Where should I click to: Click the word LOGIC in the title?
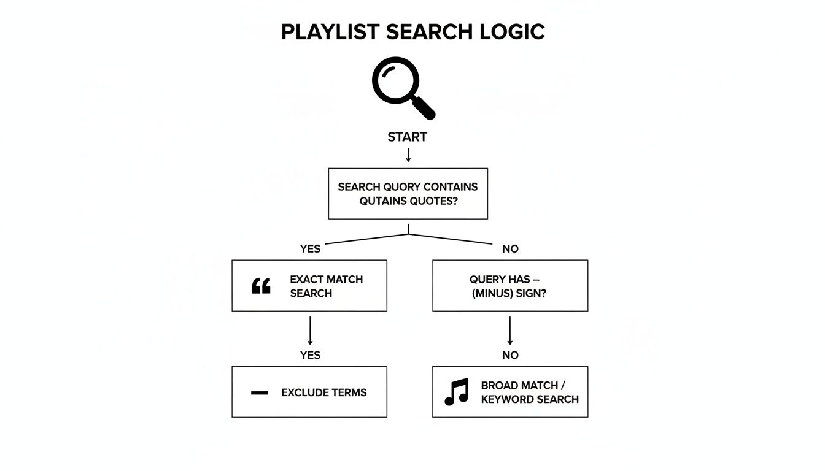tap(512, 32)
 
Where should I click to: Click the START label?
tap(407, 137)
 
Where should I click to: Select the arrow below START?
tap(408, 155)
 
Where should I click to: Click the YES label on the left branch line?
tap(310, 248)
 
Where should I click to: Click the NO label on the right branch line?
tap(509, 248)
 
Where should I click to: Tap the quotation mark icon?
tap(261, 286)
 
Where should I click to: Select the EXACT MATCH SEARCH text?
tap(326, 286)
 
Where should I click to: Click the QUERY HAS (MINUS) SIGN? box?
tap(509, 286)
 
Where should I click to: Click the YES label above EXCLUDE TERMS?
tap(310, 355)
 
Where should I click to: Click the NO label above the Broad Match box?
tap(509, 355)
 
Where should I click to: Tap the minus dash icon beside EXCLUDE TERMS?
tap(260, 392)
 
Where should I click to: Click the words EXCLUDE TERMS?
tap(323, 392)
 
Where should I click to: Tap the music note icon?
tap(456, 392)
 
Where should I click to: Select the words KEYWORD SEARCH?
tap(529, 399)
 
